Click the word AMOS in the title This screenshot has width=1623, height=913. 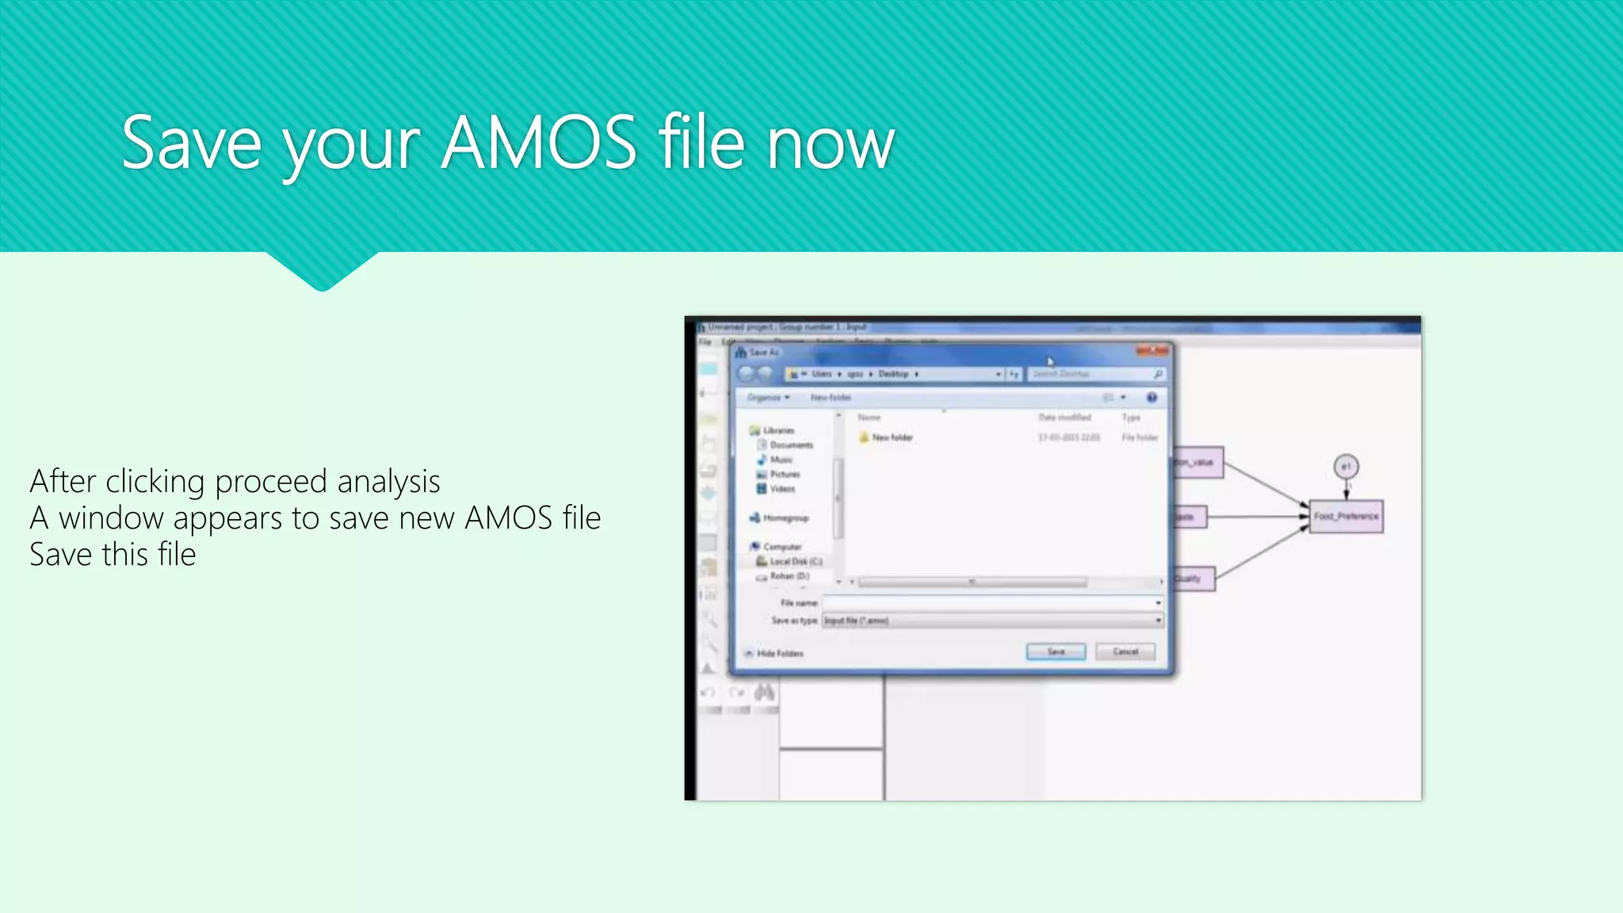(x=538, y=143)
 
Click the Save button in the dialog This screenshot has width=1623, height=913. (x=1056, y=651)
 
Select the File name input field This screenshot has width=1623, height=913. (x=991, y=603)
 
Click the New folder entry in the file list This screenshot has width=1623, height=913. (x=892, y=437)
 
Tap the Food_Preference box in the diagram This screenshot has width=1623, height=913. (x=1346, y=517)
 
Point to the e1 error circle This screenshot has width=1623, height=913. (x=1346, y=467)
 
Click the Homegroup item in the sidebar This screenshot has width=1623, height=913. (x=785, y=518)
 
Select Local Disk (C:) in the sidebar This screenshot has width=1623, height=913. (x=796, y=561)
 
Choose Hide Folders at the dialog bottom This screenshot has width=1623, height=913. (x=780, y=654)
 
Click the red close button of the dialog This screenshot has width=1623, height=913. (x=1153, y=351)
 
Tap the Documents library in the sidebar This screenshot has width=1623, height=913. (x=791, y=445)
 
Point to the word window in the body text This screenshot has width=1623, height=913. (x=111, y=518)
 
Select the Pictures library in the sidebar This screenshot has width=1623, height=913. (x=785, y=474)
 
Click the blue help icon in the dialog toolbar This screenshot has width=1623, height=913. (x=1151, y=397)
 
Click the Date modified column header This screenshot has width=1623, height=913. (x=1064, y=418)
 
